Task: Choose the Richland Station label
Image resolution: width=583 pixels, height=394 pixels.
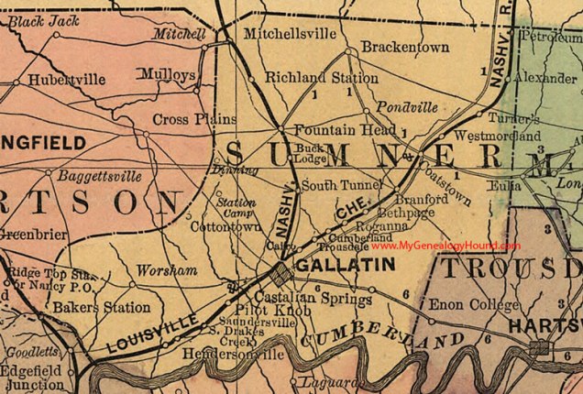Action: point(309,79)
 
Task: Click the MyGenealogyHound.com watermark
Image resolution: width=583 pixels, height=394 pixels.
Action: point(458,246)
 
